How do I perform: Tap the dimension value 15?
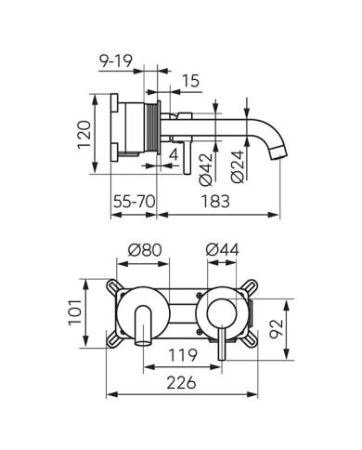coord(190,81)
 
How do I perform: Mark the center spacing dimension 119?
coord(182,355)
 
